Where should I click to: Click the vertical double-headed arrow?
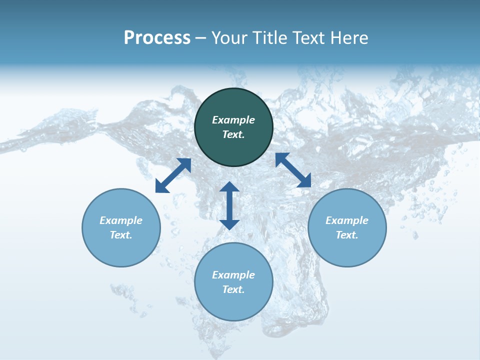coord(229,205)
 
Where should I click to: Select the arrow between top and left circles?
coord(173,175)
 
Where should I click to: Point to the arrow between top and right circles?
coord(293,170)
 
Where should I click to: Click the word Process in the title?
coord(157,38)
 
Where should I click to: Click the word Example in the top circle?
coord(233,120)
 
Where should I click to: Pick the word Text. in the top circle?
coord(233,134)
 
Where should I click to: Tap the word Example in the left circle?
coord(121,220)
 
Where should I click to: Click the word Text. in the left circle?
coord(121,235)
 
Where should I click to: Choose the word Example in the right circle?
coord(347,220)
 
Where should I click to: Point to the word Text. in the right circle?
coord(347,235)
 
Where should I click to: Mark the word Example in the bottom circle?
coord(233,275)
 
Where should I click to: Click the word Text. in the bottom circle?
coord(233,289)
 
